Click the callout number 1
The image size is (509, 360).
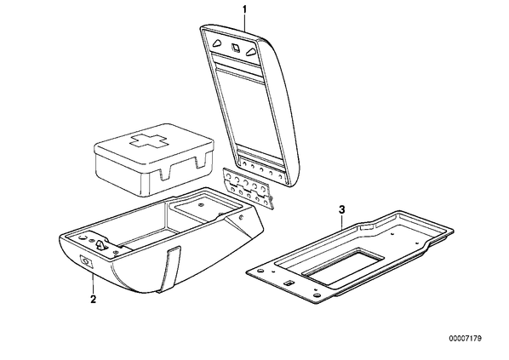point(245,9)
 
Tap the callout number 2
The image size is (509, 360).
point(93,300)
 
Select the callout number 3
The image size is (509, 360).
point(342,210)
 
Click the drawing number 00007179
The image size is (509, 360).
point(466,339)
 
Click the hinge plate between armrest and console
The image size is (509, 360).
point(248,187)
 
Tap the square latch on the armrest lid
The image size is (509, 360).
point(235,48)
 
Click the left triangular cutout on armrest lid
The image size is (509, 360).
point(217,43)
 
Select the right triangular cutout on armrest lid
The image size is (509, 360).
point(251,52)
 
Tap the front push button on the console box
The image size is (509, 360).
point(86,261)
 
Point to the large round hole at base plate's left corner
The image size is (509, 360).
point(260,271)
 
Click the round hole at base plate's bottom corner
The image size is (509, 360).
point(317,295)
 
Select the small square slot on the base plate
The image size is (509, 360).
point(289,283)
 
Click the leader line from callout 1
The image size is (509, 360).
point(245,23)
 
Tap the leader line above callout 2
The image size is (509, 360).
point(93,284)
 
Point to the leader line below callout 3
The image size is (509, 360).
point(342,222)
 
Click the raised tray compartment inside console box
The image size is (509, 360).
point(205,207)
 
